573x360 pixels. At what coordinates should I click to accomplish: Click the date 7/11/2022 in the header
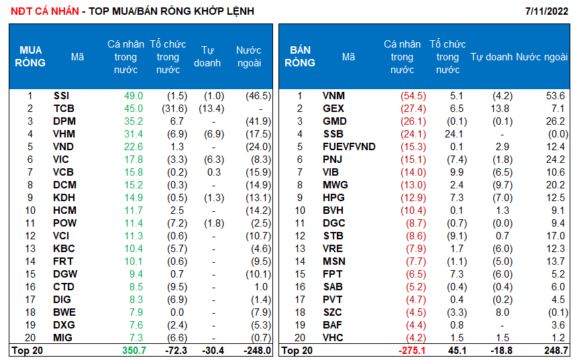pos(548,11)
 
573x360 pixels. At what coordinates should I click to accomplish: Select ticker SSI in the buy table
pos(61,96)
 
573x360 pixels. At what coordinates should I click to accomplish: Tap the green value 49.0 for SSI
pos(134,96)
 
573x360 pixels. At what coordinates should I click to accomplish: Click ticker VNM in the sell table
pos(333,96)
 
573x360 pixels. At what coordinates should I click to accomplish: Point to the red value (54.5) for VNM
pos(412,96)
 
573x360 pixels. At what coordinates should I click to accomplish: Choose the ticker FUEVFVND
pos(349,147)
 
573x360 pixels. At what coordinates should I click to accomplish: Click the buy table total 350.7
pos(132,350)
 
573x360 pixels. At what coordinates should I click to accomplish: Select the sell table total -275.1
pos(411,350)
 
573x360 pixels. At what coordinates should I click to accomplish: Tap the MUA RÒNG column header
pos(31,57)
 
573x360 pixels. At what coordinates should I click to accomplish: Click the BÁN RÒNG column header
pos(300,57)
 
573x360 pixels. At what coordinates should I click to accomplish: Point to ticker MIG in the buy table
pos(64,338)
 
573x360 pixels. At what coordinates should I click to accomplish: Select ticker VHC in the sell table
pos(333,338)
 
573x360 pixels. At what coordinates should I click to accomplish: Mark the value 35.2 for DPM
pos(134,121)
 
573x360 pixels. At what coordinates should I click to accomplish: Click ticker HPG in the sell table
pos(333,198)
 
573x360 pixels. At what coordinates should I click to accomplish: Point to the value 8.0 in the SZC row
pos(503,312)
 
